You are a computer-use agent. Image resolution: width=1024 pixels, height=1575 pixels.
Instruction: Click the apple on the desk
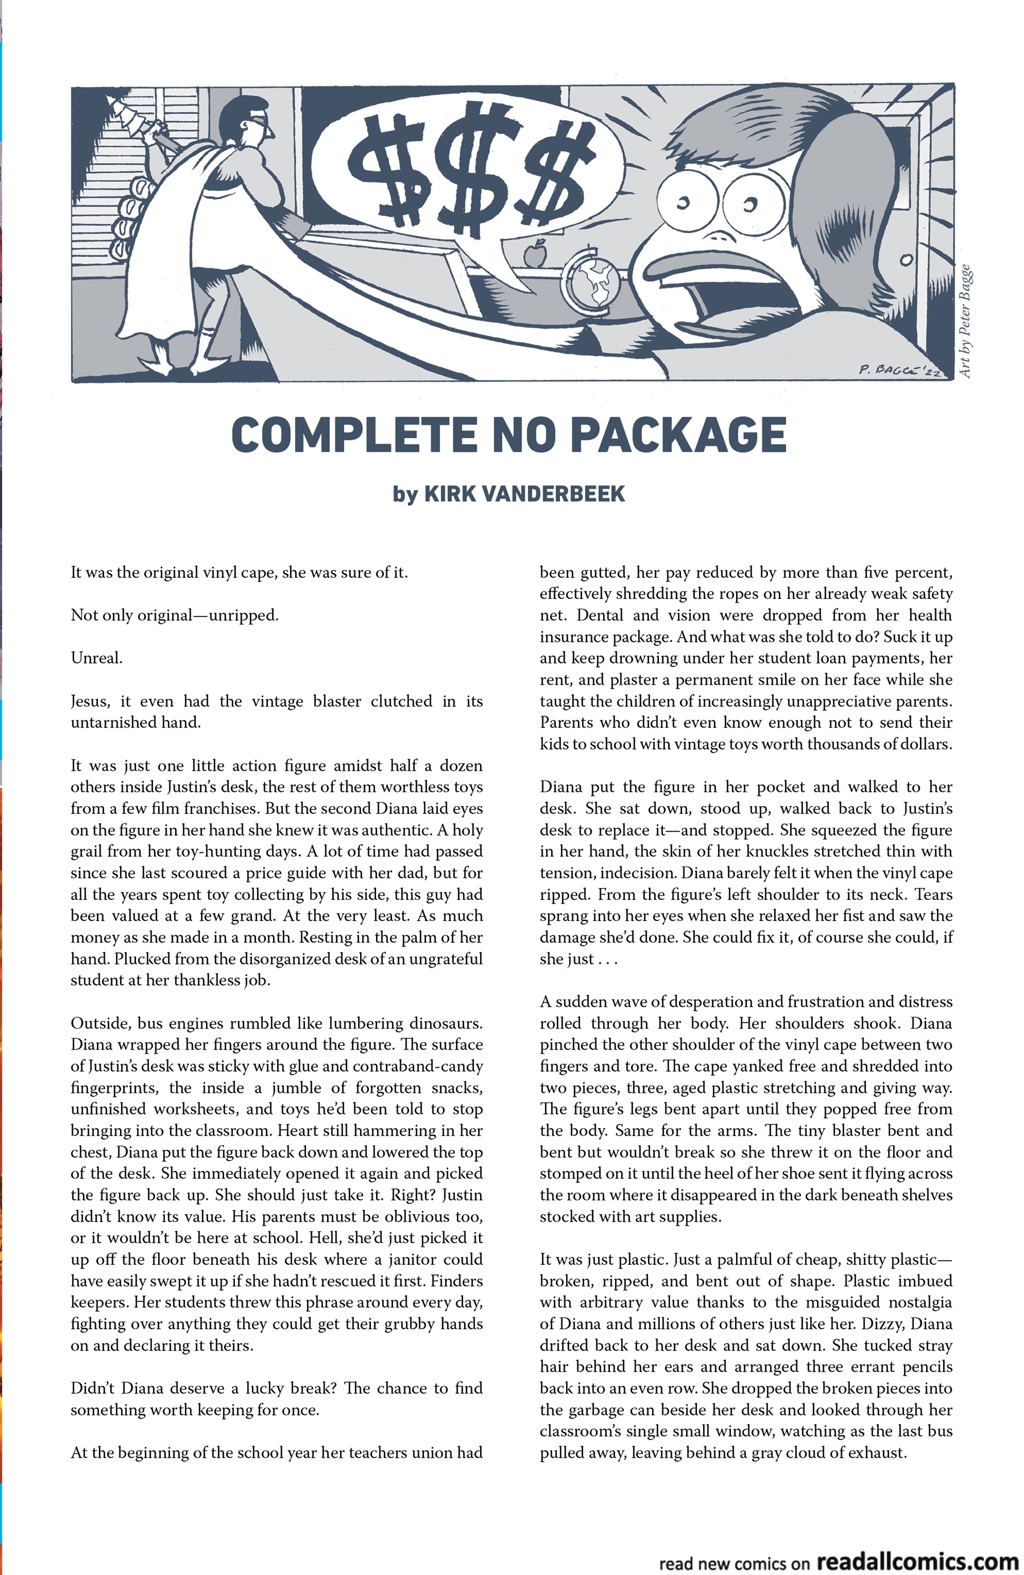point(535,253)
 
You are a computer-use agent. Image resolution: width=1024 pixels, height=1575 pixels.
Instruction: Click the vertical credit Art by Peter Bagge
point(964,322)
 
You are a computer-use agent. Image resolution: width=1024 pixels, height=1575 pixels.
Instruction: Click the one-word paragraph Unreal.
point(97,659)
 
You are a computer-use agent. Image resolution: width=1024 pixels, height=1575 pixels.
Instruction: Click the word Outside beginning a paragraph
point(99,1023)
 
